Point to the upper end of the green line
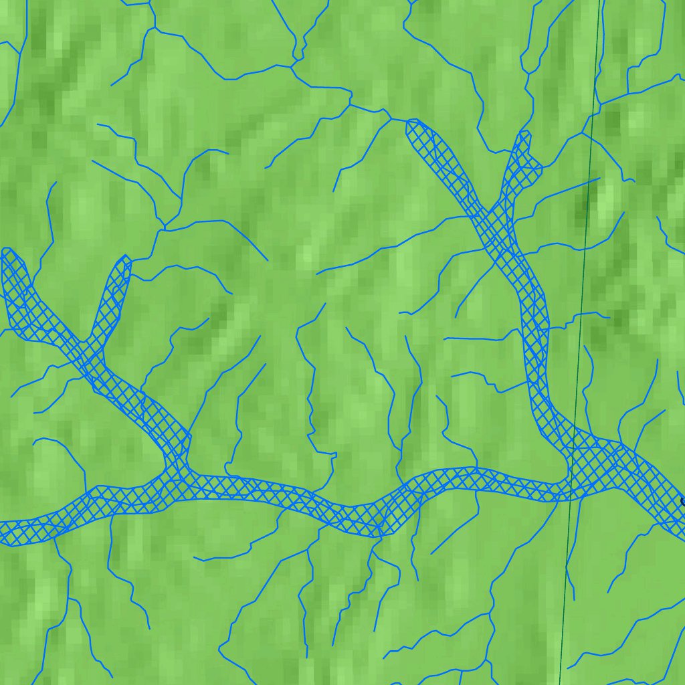click(599, 1)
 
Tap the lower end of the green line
click(559, 684)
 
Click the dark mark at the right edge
click(682, 500)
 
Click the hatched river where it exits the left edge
click(3, 532)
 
